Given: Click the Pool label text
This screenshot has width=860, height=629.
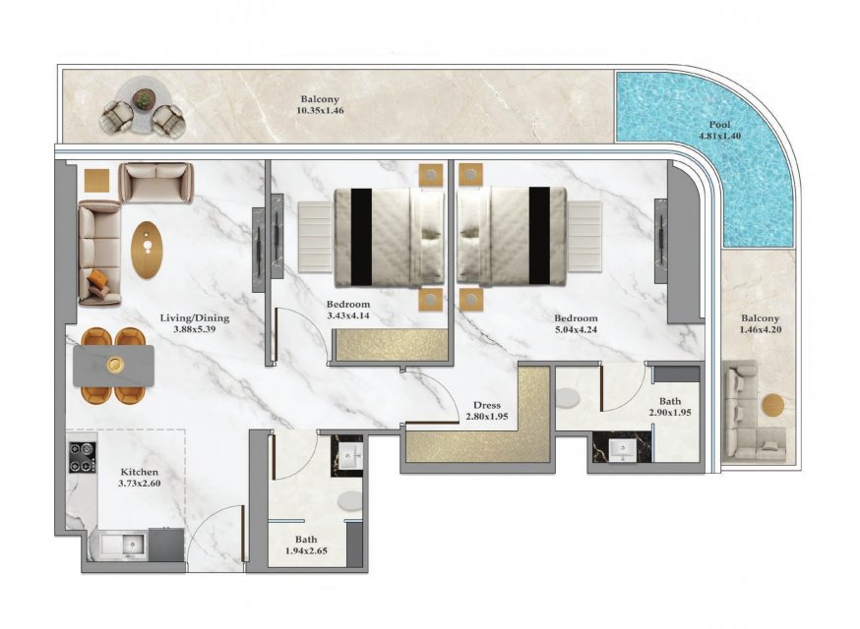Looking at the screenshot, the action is click(719, 125).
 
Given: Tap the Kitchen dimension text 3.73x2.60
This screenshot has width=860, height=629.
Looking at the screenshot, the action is click(140, 484).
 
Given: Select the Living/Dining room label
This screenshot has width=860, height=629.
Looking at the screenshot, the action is click(195, 317).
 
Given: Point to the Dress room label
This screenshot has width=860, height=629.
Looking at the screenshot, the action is click(487, 406).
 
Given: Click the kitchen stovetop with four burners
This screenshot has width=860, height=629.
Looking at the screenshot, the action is click(83, 458).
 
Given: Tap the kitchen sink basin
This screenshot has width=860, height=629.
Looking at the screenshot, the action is click(132, 544).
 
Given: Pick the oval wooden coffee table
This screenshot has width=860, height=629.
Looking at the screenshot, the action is click(148, 250).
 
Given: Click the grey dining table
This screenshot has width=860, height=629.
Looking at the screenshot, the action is click(113, 366).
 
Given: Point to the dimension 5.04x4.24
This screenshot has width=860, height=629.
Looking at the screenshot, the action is click(576, 330).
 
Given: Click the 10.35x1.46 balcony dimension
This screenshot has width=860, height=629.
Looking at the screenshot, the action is click(320, 111).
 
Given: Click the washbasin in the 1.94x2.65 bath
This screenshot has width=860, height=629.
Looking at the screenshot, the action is click(349, 456).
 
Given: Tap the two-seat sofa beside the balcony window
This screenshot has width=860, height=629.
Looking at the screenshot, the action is click(155, 183).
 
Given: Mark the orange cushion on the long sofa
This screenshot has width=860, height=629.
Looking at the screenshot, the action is click(97, 278).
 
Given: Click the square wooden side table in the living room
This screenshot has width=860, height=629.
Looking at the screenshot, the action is click(97, 180).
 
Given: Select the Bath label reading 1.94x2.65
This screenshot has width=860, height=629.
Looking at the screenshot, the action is click(306, 545).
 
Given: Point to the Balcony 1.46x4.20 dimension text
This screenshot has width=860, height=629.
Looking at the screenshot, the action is click(761, 330).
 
